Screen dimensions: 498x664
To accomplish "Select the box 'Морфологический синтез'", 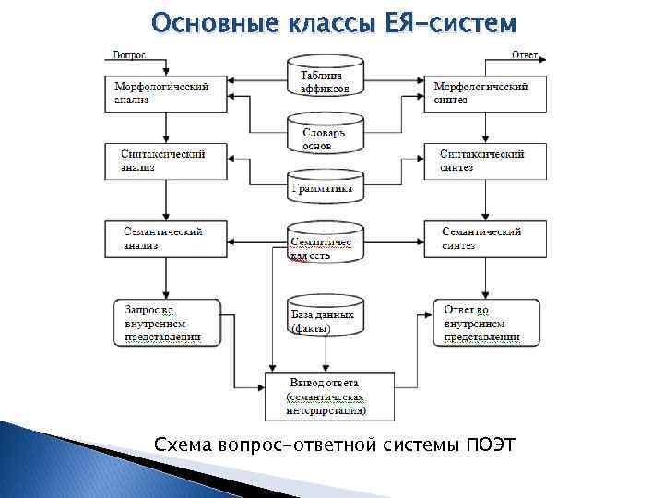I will [484, 93].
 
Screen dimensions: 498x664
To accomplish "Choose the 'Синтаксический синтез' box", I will [484, 160].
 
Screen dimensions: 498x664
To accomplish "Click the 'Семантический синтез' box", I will [484, 238].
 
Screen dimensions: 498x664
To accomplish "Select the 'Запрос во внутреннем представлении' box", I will [169, 323].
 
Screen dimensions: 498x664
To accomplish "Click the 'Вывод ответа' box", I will [329, 396].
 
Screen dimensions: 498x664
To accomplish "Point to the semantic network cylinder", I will [323, 246].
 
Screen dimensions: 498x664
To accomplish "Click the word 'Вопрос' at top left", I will [130, 54].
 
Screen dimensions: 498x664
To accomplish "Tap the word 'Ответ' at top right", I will [526, 54].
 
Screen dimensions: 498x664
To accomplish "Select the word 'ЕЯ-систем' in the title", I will [447, 21].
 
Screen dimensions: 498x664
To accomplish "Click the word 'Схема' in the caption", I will [184, 446].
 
